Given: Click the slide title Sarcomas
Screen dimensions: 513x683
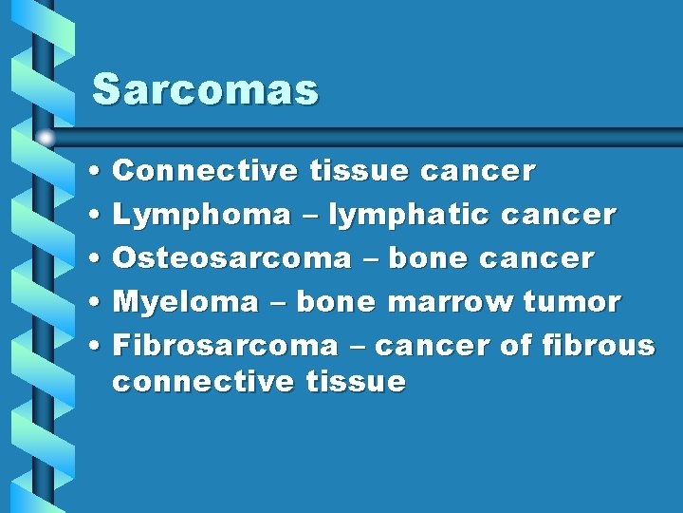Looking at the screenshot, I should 205,90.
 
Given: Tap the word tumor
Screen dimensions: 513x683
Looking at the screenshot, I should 572,302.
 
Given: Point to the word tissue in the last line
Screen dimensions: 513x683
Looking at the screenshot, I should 356,382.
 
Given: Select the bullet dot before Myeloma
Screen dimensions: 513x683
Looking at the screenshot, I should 99,303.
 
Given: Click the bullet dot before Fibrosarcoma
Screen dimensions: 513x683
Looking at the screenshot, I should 99,346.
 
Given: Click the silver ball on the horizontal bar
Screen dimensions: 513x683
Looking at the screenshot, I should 46,137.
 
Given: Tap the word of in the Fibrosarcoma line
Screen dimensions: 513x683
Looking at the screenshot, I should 515,345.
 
